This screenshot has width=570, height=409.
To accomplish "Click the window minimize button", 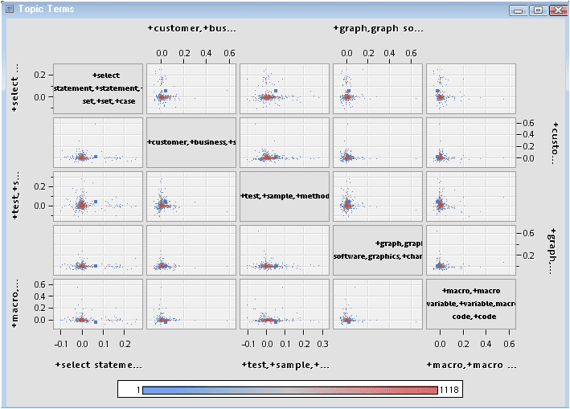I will point(519,10).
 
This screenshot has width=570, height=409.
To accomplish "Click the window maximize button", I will point(538,10).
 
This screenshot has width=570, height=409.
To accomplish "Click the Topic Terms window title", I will point(44,9).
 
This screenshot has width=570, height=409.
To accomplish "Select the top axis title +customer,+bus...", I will point(192,29).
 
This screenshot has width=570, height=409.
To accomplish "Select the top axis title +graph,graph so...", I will point(378,29).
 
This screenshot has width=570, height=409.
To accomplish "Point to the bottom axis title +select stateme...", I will point(98,366).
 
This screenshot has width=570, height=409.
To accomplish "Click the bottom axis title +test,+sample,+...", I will point(285,366).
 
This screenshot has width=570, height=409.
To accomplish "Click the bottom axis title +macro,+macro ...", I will point(471,366).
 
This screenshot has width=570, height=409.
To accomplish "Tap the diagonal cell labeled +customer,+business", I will point(191,142).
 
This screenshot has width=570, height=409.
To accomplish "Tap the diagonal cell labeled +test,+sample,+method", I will point(285,196).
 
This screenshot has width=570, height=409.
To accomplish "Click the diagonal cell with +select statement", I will point(98,88).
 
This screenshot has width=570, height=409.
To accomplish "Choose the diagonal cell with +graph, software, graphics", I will point(378,250).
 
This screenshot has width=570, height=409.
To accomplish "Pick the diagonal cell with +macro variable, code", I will point(471,304).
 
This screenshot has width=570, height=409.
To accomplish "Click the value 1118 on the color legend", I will point(449,390).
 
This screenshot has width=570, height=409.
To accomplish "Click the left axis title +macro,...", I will point(15,304).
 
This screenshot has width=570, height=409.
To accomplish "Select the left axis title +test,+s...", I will point(15,196).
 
